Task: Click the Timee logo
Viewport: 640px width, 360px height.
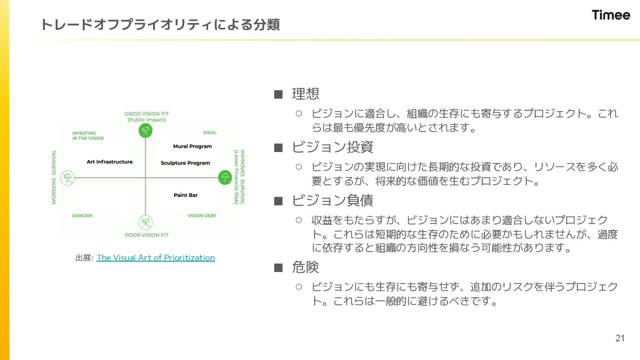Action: point(611,15)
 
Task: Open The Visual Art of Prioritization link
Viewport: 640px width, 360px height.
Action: point(156,258)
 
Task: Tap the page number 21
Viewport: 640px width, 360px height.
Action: point(620,338)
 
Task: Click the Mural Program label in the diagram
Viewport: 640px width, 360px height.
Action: point(192,146)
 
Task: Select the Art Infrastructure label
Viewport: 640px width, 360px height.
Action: point(110,162)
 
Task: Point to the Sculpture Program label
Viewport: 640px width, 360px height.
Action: point(185,163)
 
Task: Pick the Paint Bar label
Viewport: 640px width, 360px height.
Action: point(186,195)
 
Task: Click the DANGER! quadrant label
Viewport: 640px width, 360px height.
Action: point(82,216)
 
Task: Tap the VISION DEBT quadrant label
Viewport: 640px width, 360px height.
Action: point(202,216)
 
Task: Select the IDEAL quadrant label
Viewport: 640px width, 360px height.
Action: point(210,132)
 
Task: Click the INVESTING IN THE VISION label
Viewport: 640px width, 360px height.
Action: point(88,136)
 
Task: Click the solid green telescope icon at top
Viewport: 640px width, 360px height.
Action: point(145,131)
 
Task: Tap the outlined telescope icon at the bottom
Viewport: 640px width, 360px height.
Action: point(145,222)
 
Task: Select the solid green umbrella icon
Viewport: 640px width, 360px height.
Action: point(225,178)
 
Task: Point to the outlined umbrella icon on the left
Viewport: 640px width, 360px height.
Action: point(68,178)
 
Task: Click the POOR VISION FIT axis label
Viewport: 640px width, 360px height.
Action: point(147,235)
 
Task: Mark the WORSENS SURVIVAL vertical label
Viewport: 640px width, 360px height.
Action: point(54,177)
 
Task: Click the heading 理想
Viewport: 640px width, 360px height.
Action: point(305,94)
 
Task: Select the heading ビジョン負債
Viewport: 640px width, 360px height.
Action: point(332,200)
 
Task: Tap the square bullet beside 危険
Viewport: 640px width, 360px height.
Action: point(278,268)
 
